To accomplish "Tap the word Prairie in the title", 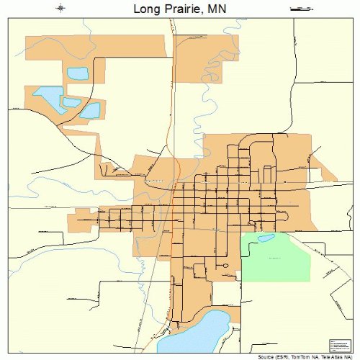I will (x=184, y=9).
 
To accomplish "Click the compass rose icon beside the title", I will (x=61, y=9).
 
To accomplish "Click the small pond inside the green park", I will (x=266, y=238).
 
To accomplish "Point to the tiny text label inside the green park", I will (x=274, y=257).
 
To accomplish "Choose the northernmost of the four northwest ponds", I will (x=77, y=73).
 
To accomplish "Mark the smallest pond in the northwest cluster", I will (x=71, y=101).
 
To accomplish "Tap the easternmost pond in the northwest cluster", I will (x=90, y=110).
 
